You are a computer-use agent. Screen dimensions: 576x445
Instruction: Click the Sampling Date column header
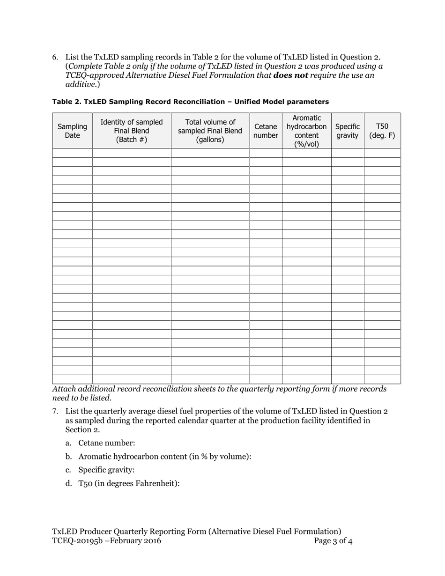(72, 131)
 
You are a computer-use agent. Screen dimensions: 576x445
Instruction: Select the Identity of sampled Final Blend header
(132, 131)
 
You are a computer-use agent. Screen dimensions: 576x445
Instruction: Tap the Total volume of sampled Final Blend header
(210, 131)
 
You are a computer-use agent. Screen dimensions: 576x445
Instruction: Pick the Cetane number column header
(266, 131)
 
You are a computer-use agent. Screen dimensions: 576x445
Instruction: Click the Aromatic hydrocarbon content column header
(306, 131)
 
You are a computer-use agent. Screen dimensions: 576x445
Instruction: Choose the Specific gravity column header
(347, 131)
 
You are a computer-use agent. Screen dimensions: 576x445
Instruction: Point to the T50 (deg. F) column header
(382, 131)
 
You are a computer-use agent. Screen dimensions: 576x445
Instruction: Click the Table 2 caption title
(190, 102)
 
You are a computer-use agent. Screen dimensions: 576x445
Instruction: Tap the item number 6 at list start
(55, 58)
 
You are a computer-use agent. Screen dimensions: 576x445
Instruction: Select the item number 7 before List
(55, 412)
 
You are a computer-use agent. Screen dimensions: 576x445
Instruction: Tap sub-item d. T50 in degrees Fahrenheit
(122, 483)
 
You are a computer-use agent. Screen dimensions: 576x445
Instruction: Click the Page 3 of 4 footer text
(333, 541)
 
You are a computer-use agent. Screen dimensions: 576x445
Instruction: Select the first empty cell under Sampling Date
(72, 153)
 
